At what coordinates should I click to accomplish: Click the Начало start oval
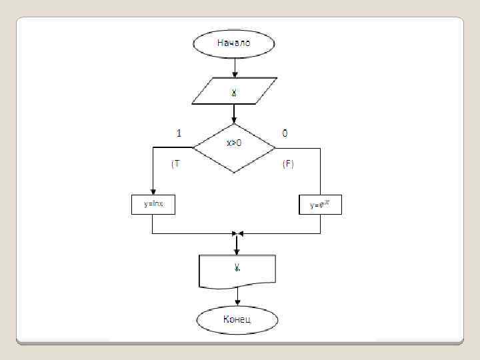pos(233,43)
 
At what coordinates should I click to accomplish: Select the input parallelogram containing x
pos(234,91)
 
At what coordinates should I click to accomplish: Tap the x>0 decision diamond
pos(234,147)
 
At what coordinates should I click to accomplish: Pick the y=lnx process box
pos(153,204)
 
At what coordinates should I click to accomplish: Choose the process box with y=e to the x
pos(321,205)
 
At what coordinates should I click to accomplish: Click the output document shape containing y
pos(237,271)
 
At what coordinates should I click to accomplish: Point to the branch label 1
pos(179,133)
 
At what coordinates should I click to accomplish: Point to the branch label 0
pos(285,133)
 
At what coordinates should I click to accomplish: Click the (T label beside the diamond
pos(175,163)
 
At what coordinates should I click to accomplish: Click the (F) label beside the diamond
pos(288,163)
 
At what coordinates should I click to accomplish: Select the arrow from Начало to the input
pos(234,67)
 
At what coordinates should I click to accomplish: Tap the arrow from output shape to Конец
pos(237,297)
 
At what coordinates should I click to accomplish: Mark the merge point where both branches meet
pos(237,233)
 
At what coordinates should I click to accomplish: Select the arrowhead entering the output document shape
pos(237,251)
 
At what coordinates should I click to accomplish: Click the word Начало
pos(233,43)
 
